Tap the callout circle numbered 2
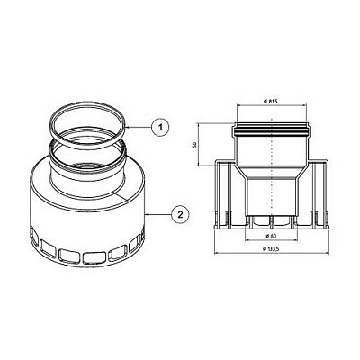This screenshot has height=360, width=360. (x=180, y=213)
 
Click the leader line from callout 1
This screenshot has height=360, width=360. (x=140, y=128)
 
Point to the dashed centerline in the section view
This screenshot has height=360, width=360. (x=271, y=180)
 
